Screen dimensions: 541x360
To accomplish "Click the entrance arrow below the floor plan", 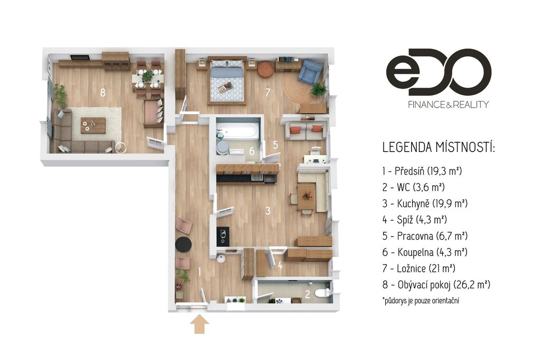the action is tap(199, 325).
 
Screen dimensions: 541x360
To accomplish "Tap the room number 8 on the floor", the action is tap(102, 92).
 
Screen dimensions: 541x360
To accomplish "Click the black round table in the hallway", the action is tap(183, 244).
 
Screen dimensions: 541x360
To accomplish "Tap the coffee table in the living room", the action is tap(93, 125).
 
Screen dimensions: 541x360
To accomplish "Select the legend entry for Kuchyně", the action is tap(425, 203).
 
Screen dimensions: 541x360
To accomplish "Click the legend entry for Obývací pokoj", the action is tap(436, 285).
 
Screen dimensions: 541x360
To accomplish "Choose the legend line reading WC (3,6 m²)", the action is tap(413, 187).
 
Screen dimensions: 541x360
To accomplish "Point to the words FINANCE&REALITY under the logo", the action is tap(448, 105).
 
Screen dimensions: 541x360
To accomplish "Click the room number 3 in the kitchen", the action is tap(268, 211).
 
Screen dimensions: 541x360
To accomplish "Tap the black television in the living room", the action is tap(80, 57).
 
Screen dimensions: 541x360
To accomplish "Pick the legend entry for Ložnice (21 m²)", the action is tap(418, 268).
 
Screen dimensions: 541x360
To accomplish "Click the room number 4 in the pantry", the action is tap(280, 266).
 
